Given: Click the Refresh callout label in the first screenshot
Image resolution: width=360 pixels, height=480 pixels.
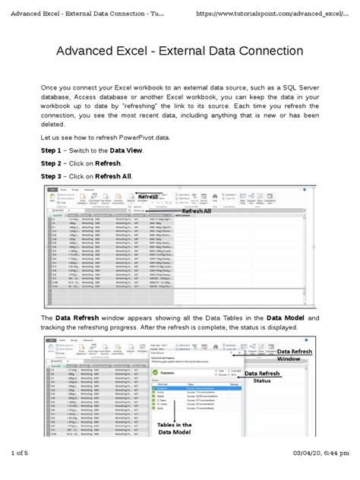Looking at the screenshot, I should point(148,197).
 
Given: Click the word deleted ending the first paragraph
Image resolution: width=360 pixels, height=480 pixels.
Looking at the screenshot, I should point(55,125).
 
